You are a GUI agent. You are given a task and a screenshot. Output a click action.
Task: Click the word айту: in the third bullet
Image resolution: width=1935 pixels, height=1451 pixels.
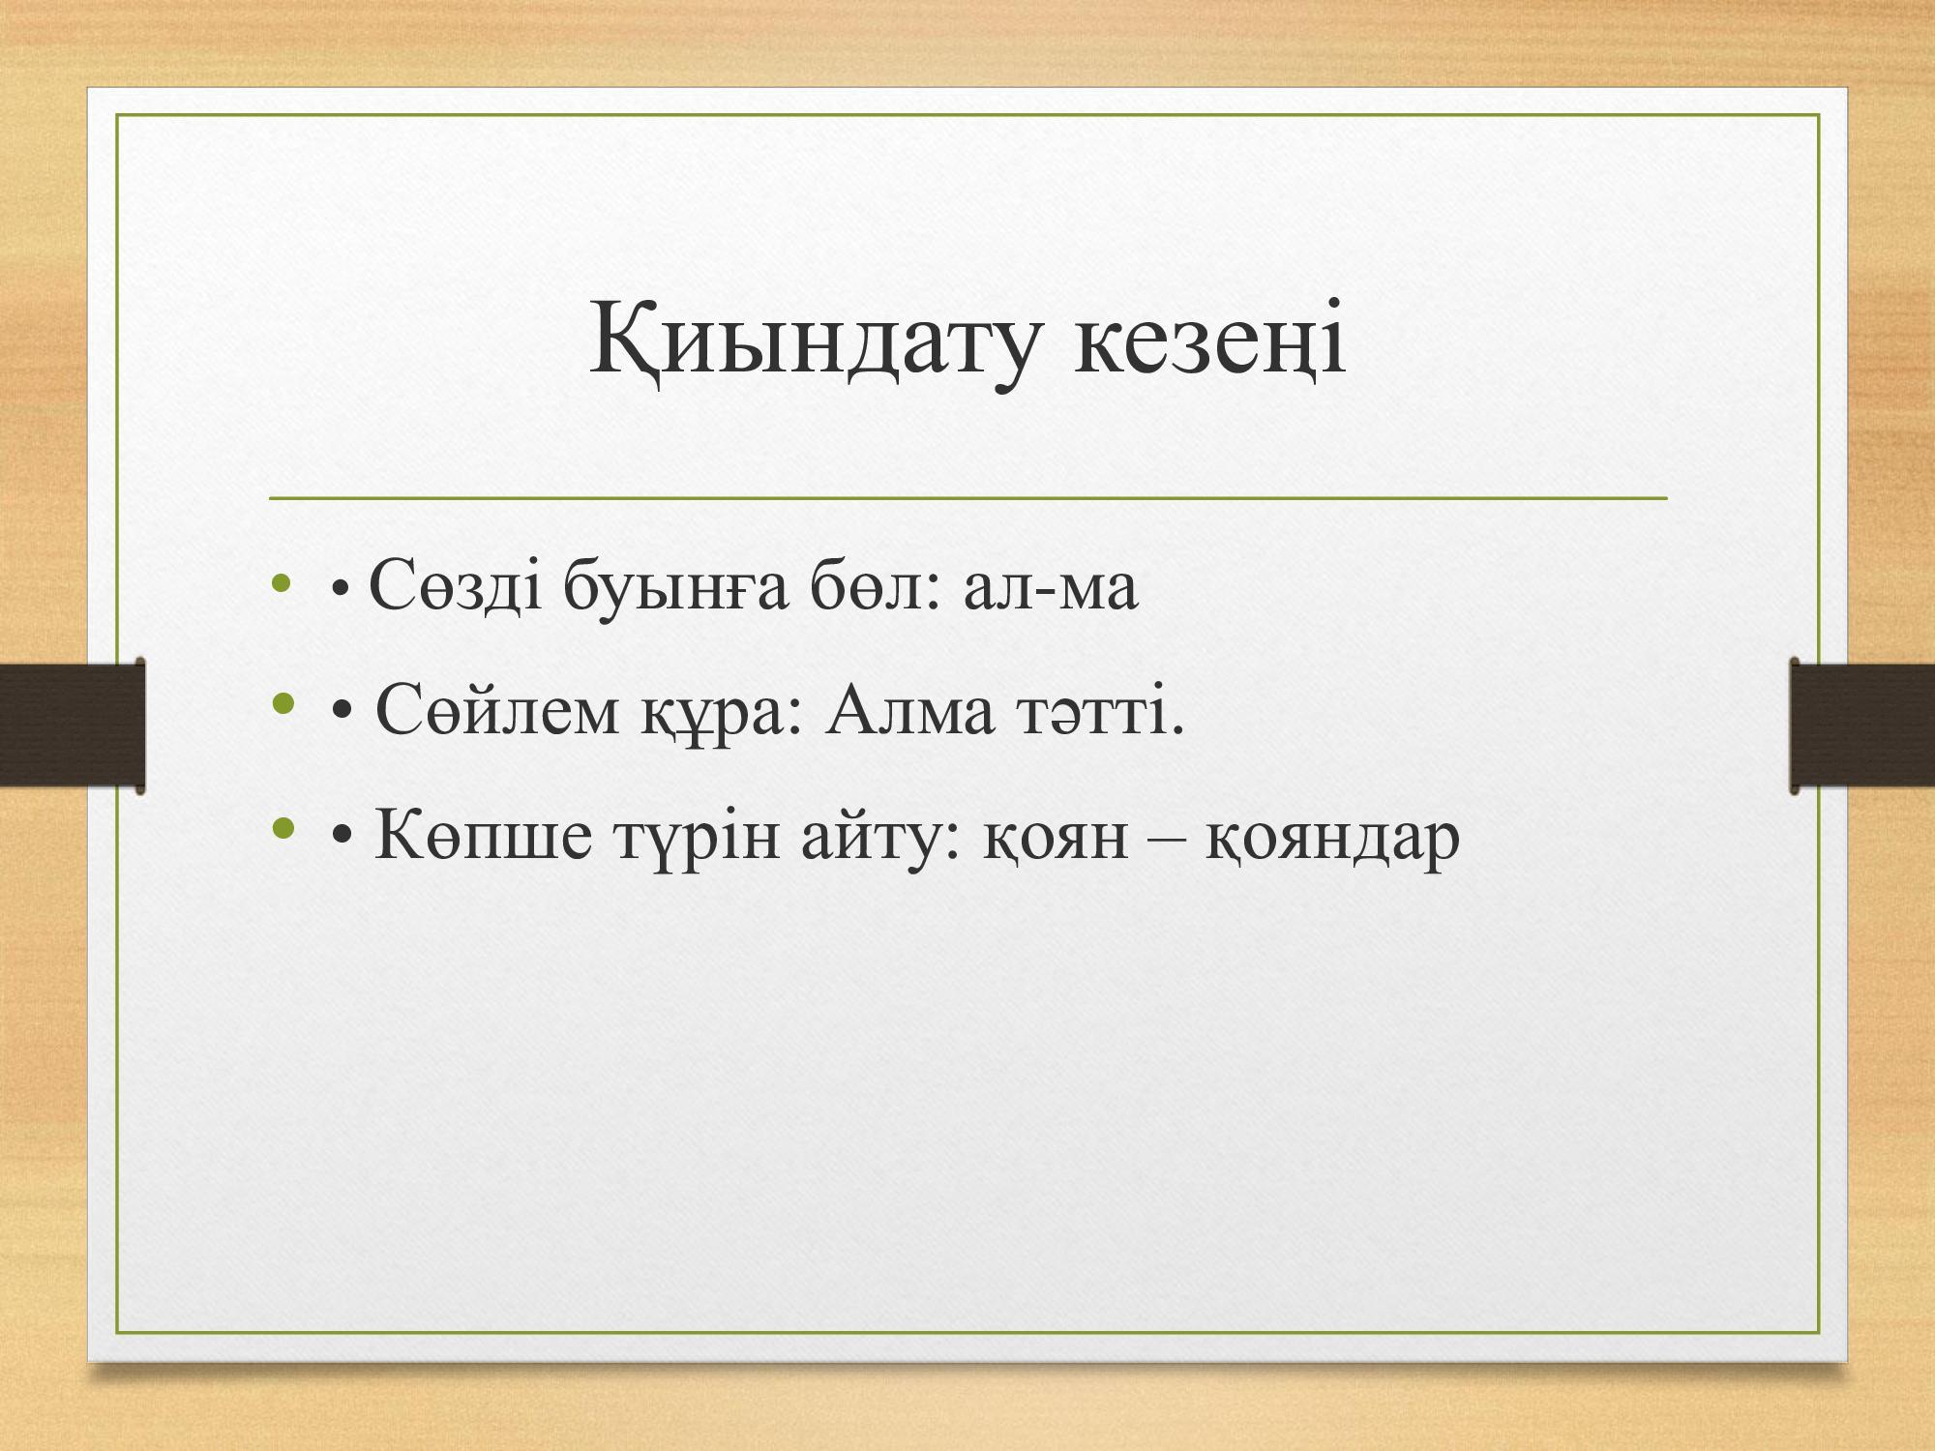point(879,836)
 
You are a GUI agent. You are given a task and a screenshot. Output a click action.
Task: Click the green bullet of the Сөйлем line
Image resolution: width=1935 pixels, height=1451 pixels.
point(283,704)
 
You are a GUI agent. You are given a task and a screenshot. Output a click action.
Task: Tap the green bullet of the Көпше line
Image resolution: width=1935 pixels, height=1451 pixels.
point(283,829)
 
